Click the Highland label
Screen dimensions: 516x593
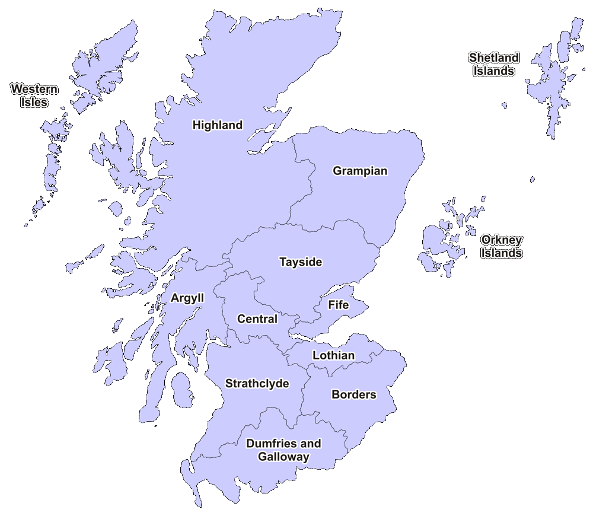coord(218,125)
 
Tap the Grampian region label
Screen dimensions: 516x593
coord(360,171)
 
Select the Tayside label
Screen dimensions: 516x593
coord(301,262)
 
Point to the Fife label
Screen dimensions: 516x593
coord(339,305)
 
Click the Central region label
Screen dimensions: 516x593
coord(257,319)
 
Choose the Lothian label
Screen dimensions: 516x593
coord(333,356)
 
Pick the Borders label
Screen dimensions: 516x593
coord(353,394)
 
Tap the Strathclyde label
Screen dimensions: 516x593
coord(257,384)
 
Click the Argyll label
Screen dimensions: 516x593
coord(187,298)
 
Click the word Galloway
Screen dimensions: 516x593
coord(283,457)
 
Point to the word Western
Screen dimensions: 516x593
coord(34,90)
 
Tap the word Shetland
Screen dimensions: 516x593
coord(494,58)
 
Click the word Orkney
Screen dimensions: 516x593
coord(502,240)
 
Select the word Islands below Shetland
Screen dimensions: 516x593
coord(494,71)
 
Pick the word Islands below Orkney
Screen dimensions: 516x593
coord(502,253)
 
